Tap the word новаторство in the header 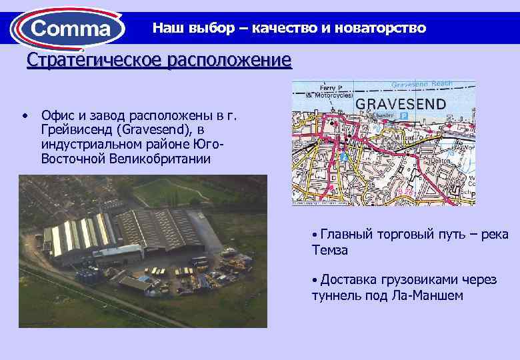(382, 29)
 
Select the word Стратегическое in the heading (95, 61)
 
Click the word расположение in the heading (229, 61)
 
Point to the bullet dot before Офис (25, 116)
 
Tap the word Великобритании (157, 159)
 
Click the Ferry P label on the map (330, 88)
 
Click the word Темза (330, 250)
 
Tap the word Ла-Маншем (430, 295)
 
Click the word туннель (333, 295)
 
